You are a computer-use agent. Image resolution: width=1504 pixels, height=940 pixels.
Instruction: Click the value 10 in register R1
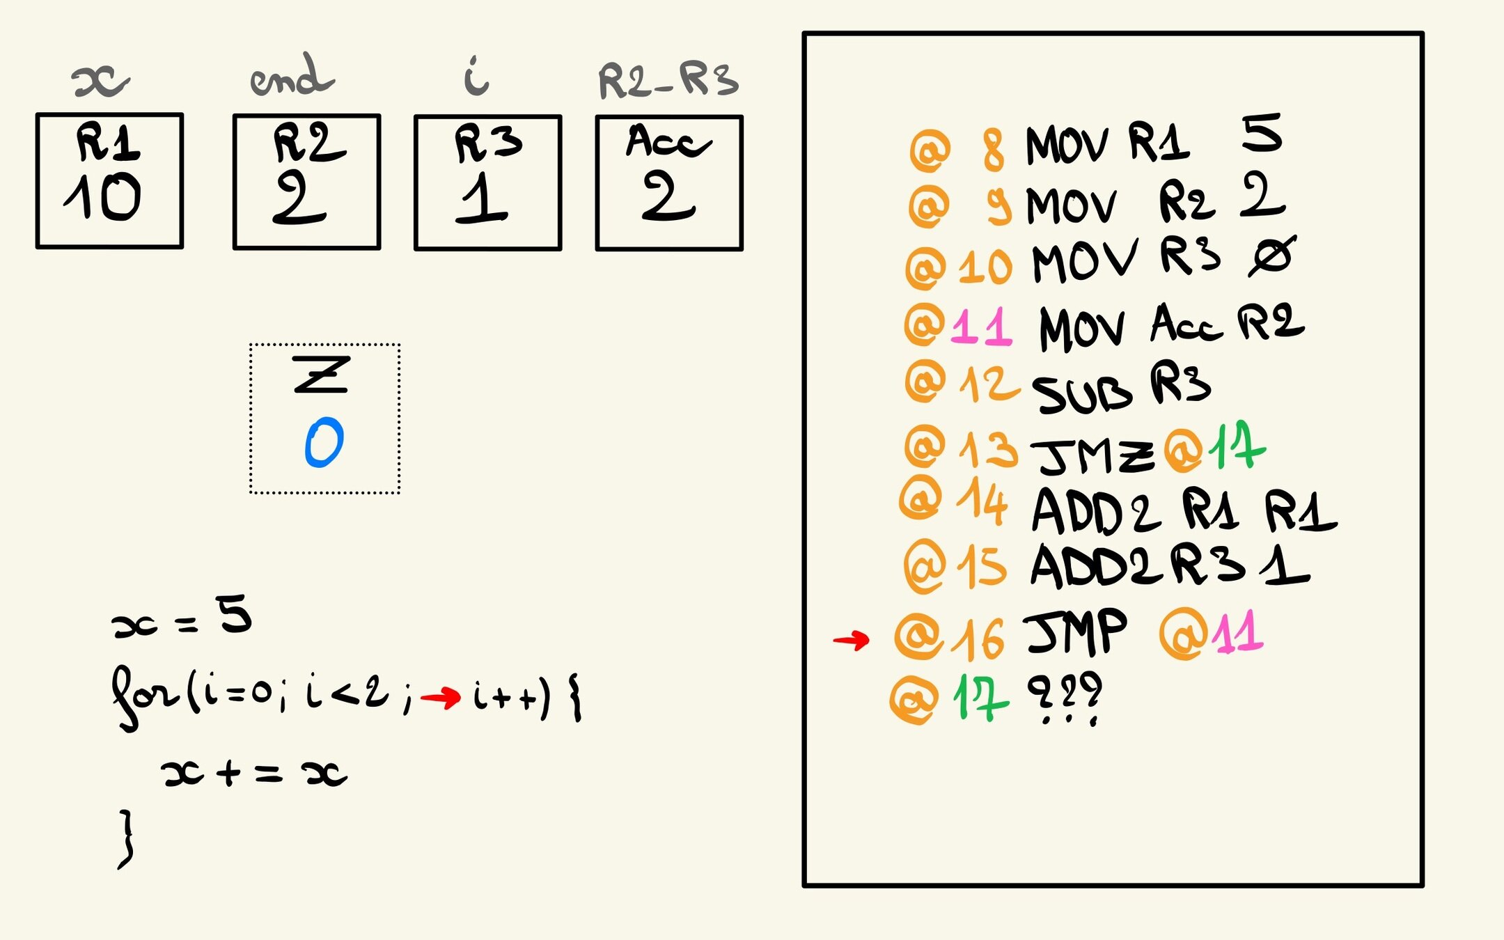tap(103, 196)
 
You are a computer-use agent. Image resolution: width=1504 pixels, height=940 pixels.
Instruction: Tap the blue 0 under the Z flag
tap(324, 442)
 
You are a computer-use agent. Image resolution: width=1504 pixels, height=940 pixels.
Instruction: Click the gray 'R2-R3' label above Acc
tap(667, 80)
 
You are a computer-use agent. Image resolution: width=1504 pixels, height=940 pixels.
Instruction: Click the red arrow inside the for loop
tap(441, 696)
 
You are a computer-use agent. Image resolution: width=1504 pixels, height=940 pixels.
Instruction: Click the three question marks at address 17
tap(1065, 696)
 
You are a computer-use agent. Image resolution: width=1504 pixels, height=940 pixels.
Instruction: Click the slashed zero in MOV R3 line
tap(1271, 256)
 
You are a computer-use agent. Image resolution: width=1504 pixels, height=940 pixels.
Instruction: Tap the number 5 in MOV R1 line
tap(1261, 134)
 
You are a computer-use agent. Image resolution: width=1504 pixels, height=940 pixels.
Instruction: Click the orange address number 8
tap(994, 149)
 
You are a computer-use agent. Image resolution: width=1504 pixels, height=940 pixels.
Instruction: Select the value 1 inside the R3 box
tap(482, 198)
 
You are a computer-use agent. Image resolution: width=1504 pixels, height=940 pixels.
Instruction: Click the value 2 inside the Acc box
tap(668, 196)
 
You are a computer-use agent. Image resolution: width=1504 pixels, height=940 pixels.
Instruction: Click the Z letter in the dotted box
tap(320, 375)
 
